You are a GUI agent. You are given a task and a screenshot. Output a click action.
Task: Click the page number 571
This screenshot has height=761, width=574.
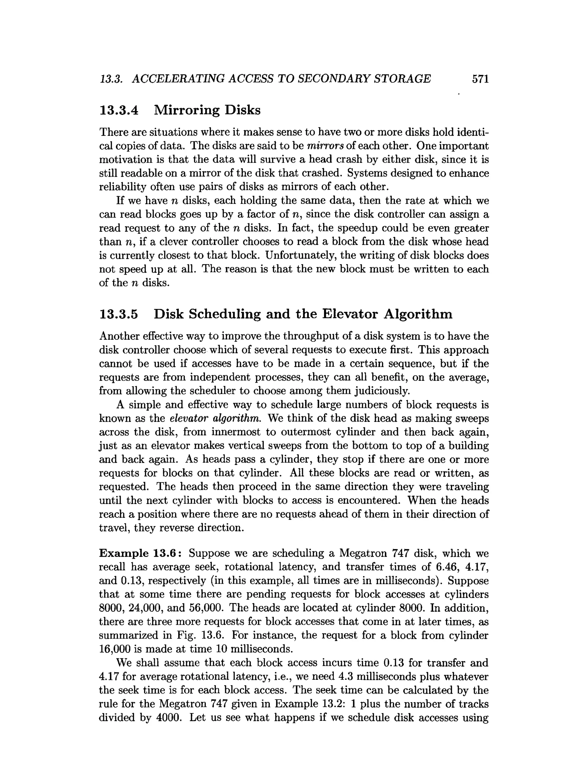[480, 79]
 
